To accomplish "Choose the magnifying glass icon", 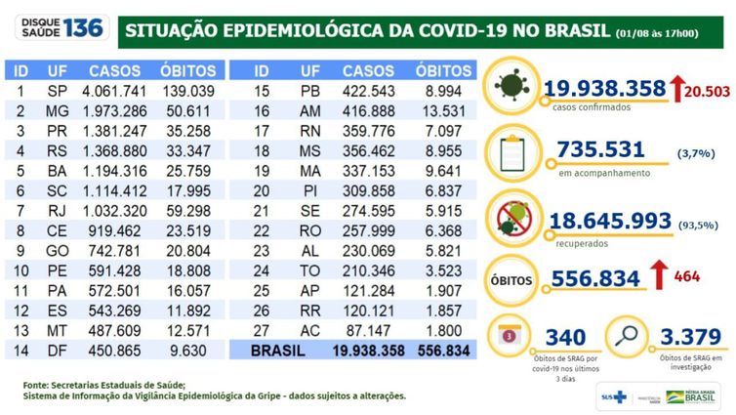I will point(628,336).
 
